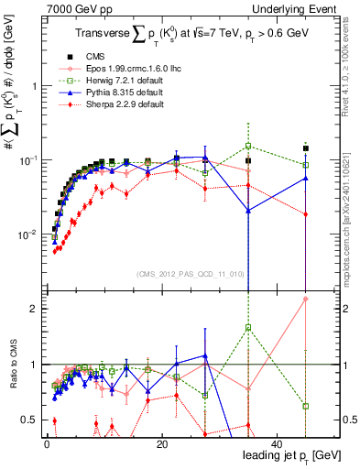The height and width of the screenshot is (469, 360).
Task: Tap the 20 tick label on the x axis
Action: click(161, 444)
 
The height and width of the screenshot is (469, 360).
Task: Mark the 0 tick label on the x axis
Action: click(46, 444)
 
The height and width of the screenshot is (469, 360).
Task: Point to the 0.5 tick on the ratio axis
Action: click(32, 420)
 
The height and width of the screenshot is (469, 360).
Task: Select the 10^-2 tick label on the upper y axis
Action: click(27, 234)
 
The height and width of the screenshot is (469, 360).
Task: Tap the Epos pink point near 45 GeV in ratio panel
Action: click(306, 299)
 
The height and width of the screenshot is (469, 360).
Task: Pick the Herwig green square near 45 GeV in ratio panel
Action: click(306, 406)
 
